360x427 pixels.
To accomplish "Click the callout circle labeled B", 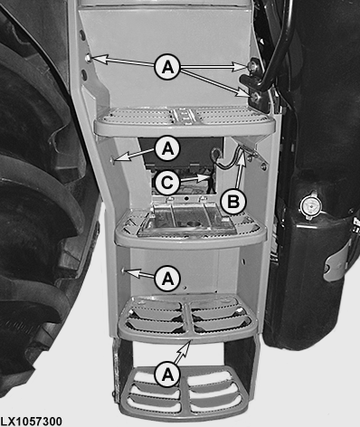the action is coord(233,202).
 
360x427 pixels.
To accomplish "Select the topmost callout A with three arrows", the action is coord(168,67).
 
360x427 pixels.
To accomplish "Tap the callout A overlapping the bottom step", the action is coord(168,375).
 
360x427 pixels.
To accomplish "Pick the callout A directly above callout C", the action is coord(168,148).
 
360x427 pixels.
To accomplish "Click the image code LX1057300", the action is coord(32,422).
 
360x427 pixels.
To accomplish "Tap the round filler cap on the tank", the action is coord(311,206).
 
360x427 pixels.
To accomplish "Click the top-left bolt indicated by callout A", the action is coord(88,57).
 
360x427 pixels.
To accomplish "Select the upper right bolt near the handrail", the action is coord(251,66).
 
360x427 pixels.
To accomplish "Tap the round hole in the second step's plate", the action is coord(192,223).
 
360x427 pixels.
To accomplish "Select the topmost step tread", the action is coord(185,121).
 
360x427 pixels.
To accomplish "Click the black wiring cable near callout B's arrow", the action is coord(228,161).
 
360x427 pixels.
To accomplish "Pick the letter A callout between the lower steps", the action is coord(168,279).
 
